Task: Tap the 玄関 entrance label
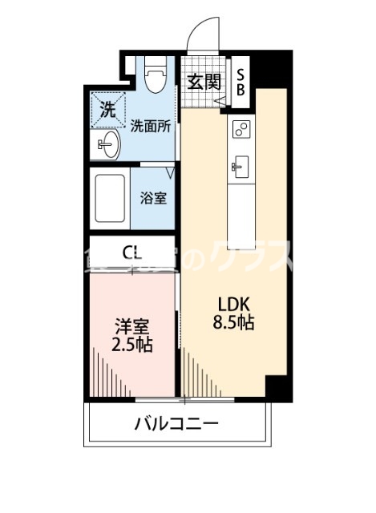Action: click(204, 81)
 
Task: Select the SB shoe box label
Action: click(241, 81)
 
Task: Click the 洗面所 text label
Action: click(150, 125)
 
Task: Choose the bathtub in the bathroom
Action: click(108, 196)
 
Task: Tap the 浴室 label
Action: click(155, 196)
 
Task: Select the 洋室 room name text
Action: click(132, 327)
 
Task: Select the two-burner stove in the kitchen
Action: click(241, 128)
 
